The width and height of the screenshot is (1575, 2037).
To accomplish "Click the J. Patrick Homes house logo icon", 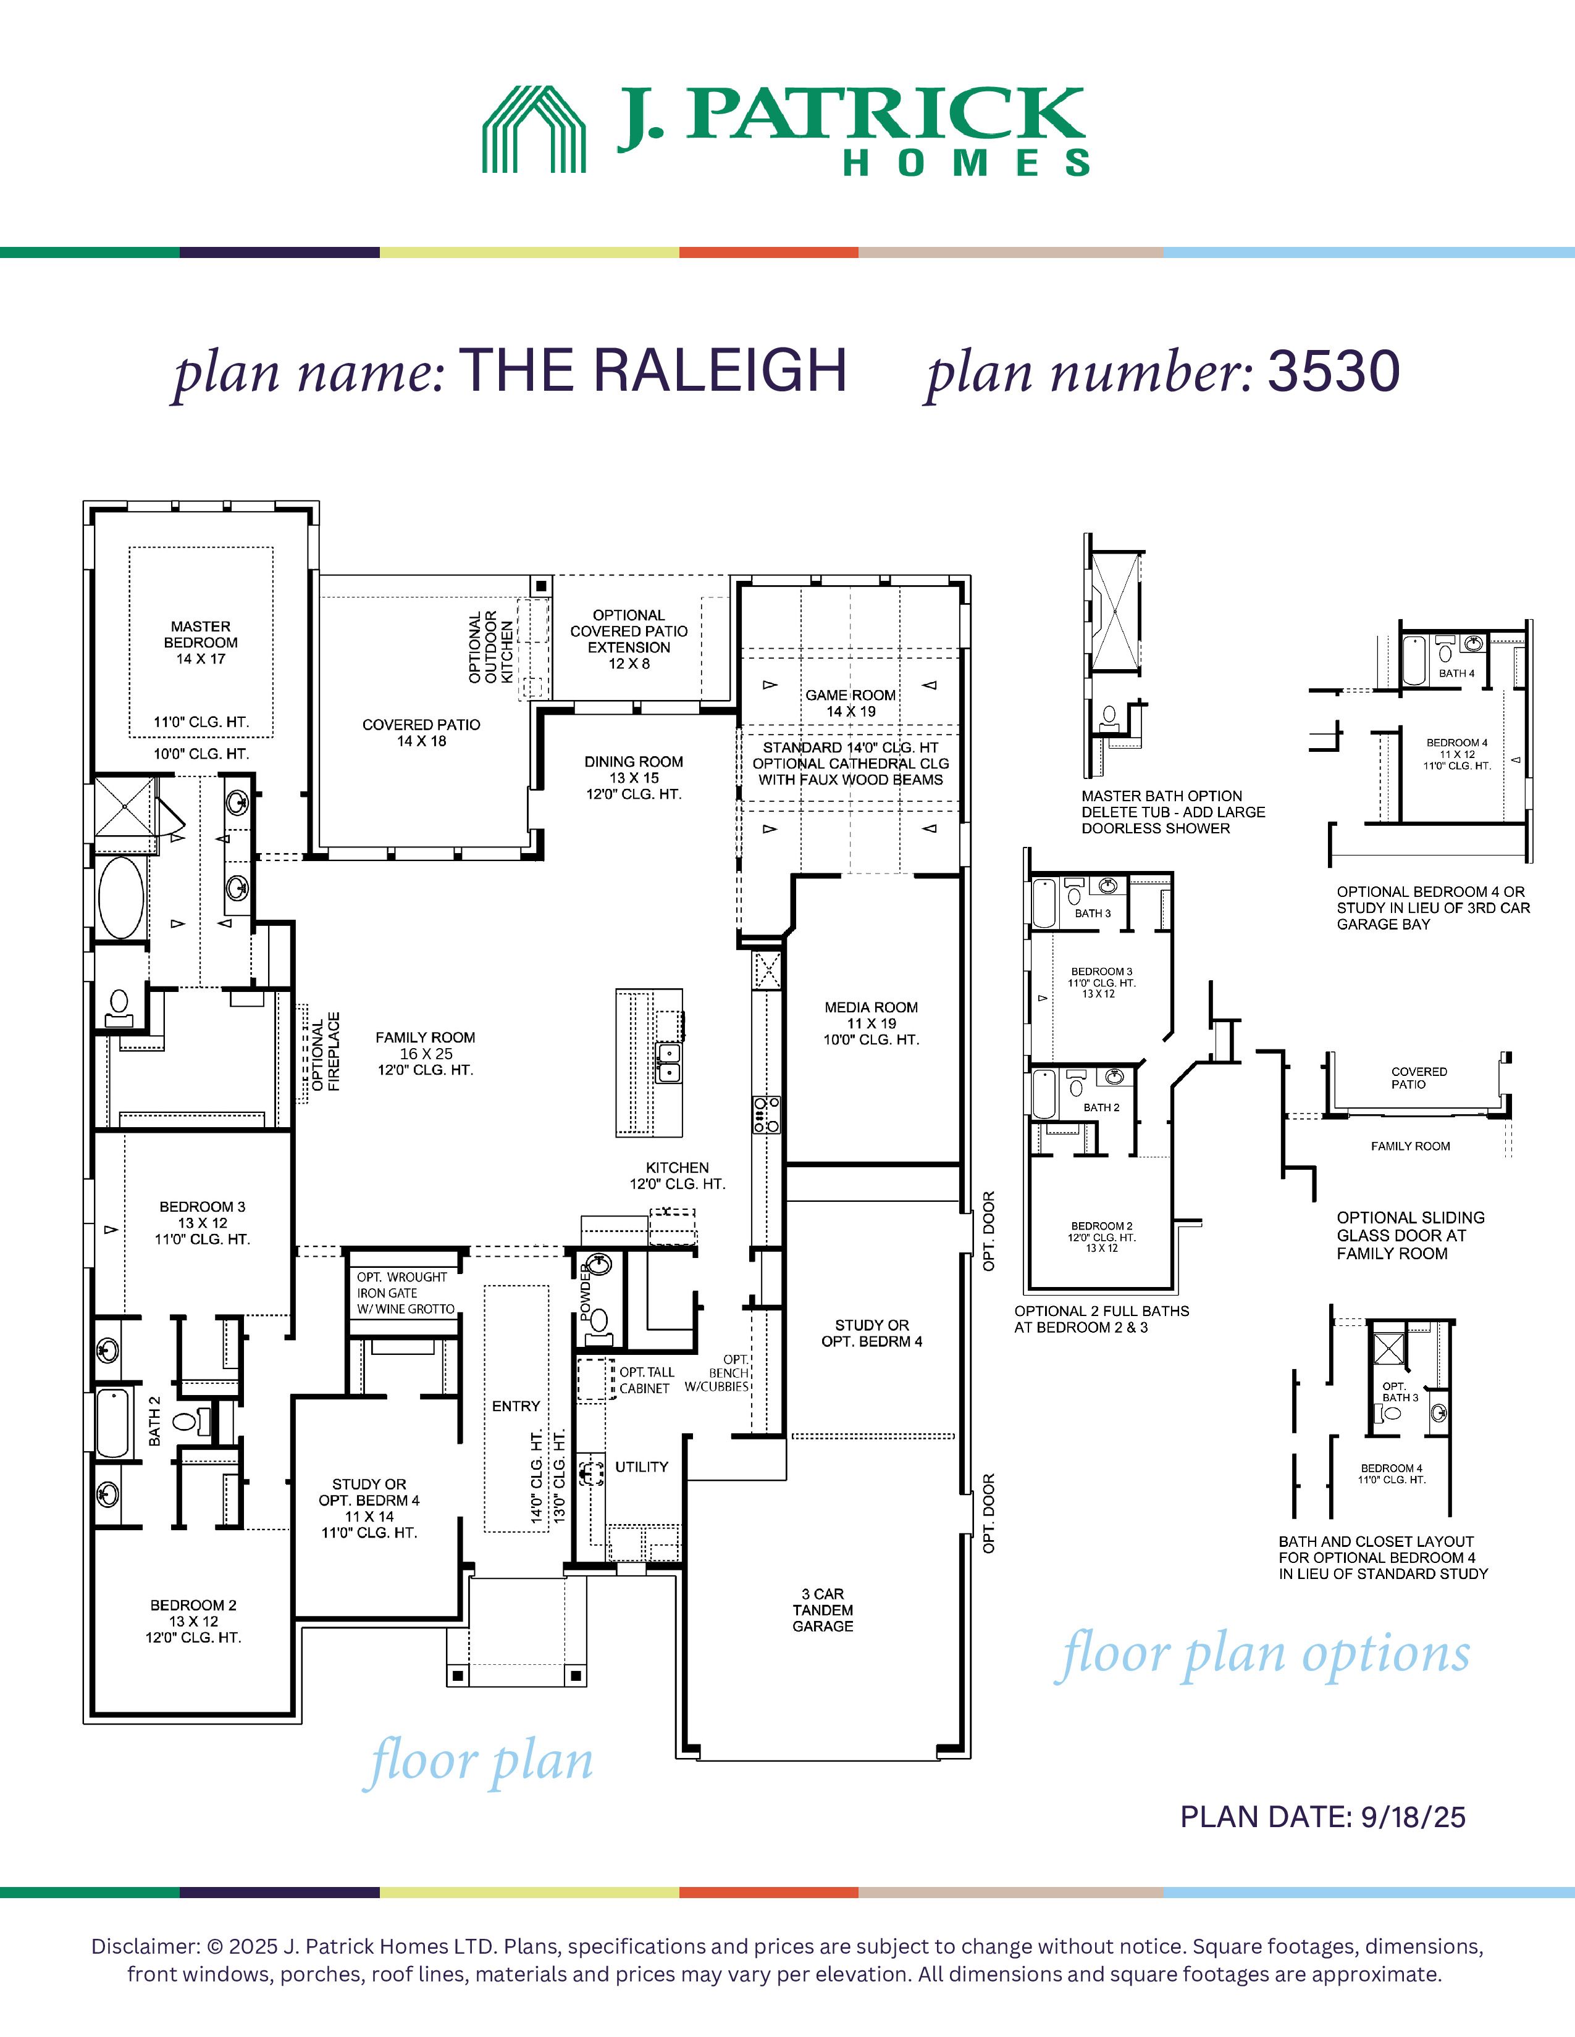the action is [x=534, y=129].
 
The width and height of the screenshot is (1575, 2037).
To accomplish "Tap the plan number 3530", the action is [x=1333, y=371].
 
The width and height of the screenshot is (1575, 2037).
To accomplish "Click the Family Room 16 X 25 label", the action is [x=426, y=1054].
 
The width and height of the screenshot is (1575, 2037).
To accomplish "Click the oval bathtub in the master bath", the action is [x=121, y=898].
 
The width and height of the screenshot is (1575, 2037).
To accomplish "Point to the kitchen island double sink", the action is [x=668, y=1062].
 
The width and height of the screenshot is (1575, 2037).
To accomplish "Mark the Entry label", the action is [x=516, y=1406].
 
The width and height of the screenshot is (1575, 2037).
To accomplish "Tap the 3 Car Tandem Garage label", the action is [x=823, y=1610].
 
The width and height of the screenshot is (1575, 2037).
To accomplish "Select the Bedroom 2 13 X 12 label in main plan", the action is [x=193, y=1621].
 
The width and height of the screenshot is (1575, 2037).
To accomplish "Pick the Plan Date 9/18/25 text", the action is [x=1323, y=1817].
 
